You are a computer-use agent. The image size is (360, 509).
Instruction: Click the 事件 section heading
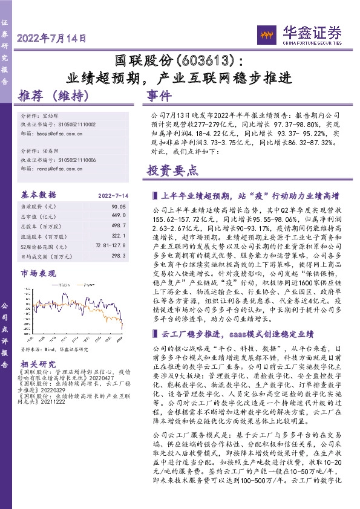coord(160,97)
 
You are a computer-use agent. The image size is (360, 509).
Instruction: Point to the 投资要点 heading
coord(172,171)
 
